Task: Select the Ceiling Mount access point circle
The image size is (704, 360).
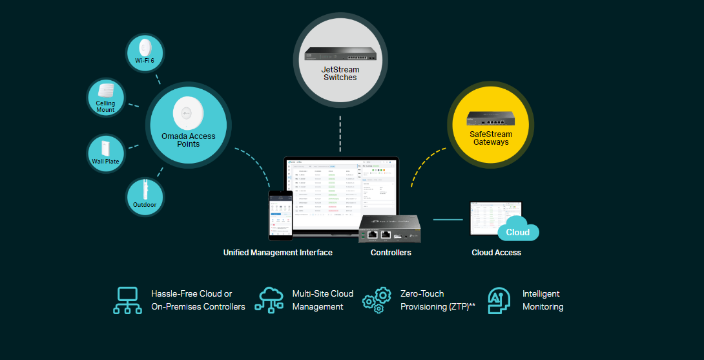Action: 105,98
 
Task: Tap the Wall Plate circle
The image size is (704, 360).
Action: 105,153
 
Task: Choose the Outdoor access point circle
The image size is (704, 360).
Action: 145,196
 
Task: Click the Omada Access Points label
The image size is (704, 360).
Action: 189,140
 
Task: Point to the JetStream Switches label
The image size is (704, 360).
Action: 340,73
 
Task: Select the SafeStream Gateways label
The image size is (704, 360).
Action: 491,138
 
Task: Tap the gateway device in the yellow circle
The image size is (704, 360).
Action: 491,119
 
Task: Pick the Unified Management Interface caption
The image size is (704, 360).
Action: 278,253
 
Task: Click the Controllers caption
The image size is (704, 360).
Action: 391,253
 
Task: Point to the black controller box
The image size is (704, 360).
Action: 389,229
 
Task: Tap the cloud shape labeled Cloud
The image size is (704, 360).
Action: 518,231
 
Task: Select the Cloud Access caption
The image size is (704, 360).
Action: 496,253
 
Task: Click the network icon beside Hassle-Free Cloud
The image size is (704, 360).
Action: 127,301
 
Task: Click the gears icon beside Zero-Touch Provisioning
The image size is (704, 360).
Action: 377,301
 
